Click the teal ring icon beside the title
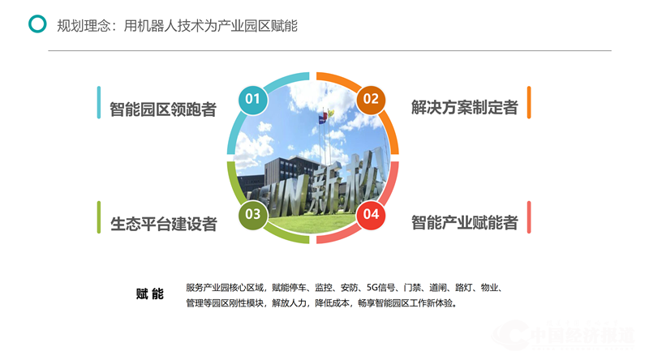(x=37, y=24)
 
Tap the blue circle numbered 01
(x=253, y=100)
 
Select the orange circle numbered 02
(x=371, y=100)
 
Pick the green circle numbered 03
(x=253, y=215)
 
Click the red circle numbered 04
(x=371, y=215)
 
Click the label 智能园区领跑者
(x=163, y=109)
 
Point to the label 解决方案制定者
(x=464, y=107)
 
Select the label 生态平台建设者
(x=164, y=225)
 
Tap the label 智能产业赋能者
(x=464, y=223)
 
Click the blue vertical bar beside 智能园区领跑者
(x=99, y=102)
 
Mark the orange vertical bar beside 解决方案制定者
(x=529, y=102)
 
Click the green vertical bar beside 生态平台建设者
(x=99, y=217)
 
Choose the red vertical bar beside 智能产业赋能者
(x=529, y=217)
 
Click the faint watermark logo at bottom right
(x=568, y=336)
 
